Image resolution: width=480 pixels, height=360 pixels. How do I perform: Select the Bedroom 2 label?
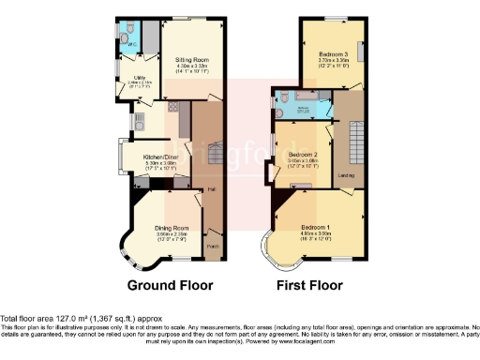click(x=305, y=154)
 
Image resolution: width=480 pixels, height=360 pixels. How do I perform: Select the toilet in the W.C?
click(x=127, y=34)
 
